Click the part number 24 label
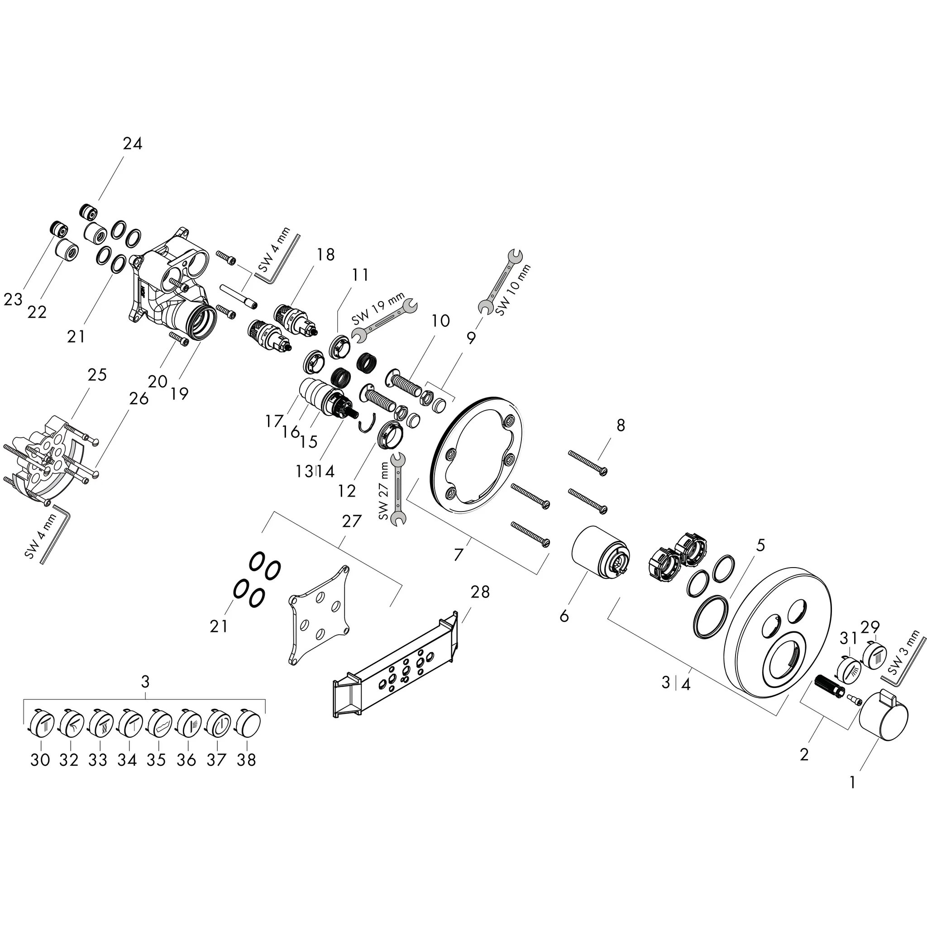click(x=133, y=143)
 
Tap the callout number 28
click(x=480, y=592)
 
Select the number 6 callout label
click(x=564, y=616)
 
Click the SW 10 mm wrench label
click(x=513, y=290)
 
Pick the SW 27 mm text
click(x=383, y=491)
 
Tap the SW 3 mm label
click(x=905, y=653)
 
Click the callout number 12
click(x=346, y=490)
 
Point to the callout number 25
click(x=97, y=375)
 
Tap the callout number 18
click(x=325, y=254)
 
